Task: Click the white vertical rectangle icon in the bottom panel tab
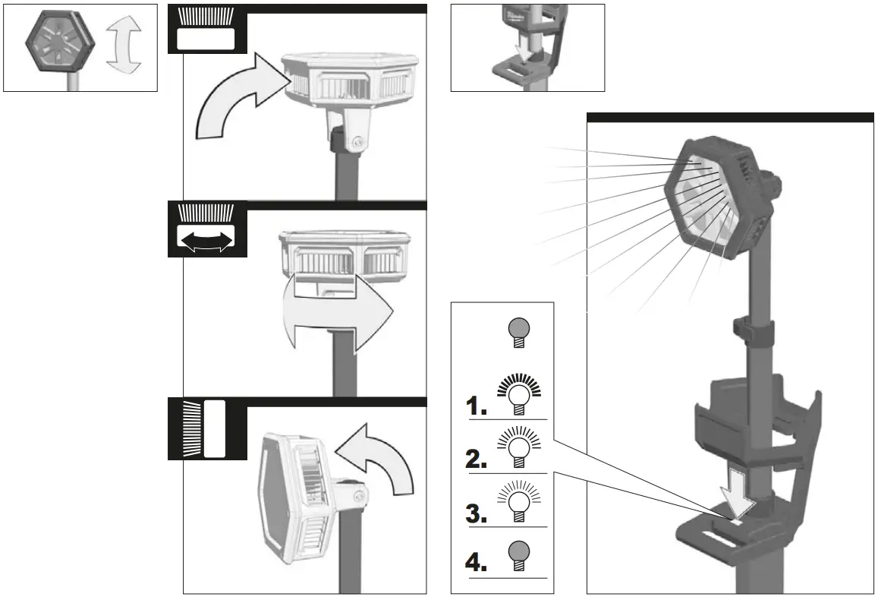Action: pos(216,428)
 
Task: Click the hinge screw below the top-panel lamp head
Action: pos(357,141)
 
